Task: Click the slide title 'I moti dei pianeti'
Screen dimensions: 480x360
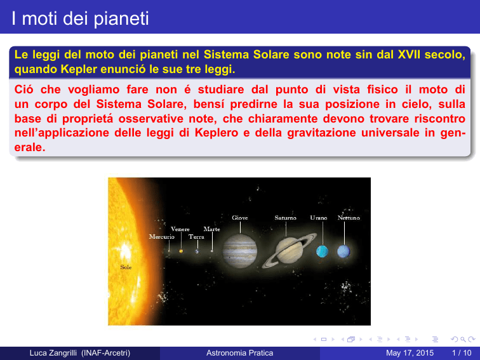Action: coord(80,18)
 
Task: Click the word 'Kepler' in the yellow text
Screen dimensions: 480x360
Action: coord(79,69)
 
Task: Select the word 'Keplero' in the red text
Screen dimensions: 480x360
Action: coord(217,133)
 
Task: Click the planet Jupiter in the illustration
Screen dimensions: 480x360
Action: coord(240,251)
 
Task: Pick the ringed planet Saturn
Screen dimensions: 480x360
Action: coord(290,250)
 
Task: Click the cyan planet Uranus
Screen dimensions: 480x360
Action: coord(322,251)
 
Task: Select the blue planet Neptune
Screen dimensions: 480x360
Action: coord(343,251)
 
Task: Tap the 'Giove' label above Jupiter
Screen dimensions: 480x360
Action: coord(240,218)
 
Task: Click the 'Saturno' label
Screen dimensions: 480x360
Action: coord(285,218)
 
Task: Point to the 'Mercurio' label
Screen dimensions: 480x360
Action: coord(162,237)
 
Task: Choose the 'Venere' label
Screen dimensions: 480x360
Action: coord(180,229)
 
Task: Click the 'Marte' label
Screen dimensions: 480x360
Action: coord(211,229)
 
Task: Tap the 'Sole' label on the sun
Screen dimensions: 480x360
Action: coord(126,267)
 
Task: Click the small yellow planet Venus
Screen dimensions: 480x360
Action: coord(181,251)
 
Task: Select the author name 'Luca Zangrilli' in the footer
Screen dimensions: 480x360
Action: coord(53,353)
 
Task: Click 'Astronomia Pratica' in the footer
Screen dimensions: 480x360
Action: coord(240,353)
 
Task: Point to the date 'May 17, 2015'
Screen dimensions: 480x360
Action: coord(410,353)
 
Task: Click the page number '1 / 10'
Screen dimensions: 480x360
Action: coord(462,353)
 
